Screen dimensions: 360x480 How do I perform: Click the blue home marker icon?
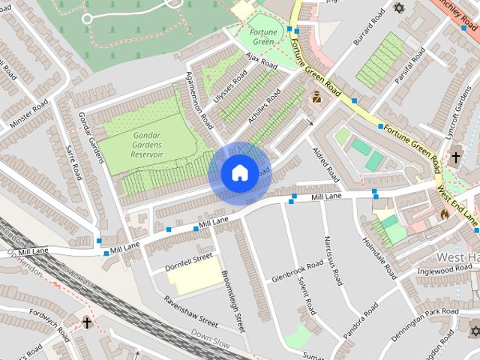click(238, 173)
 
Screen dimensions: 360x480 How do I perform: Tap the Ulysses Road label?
click(230, 88)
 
